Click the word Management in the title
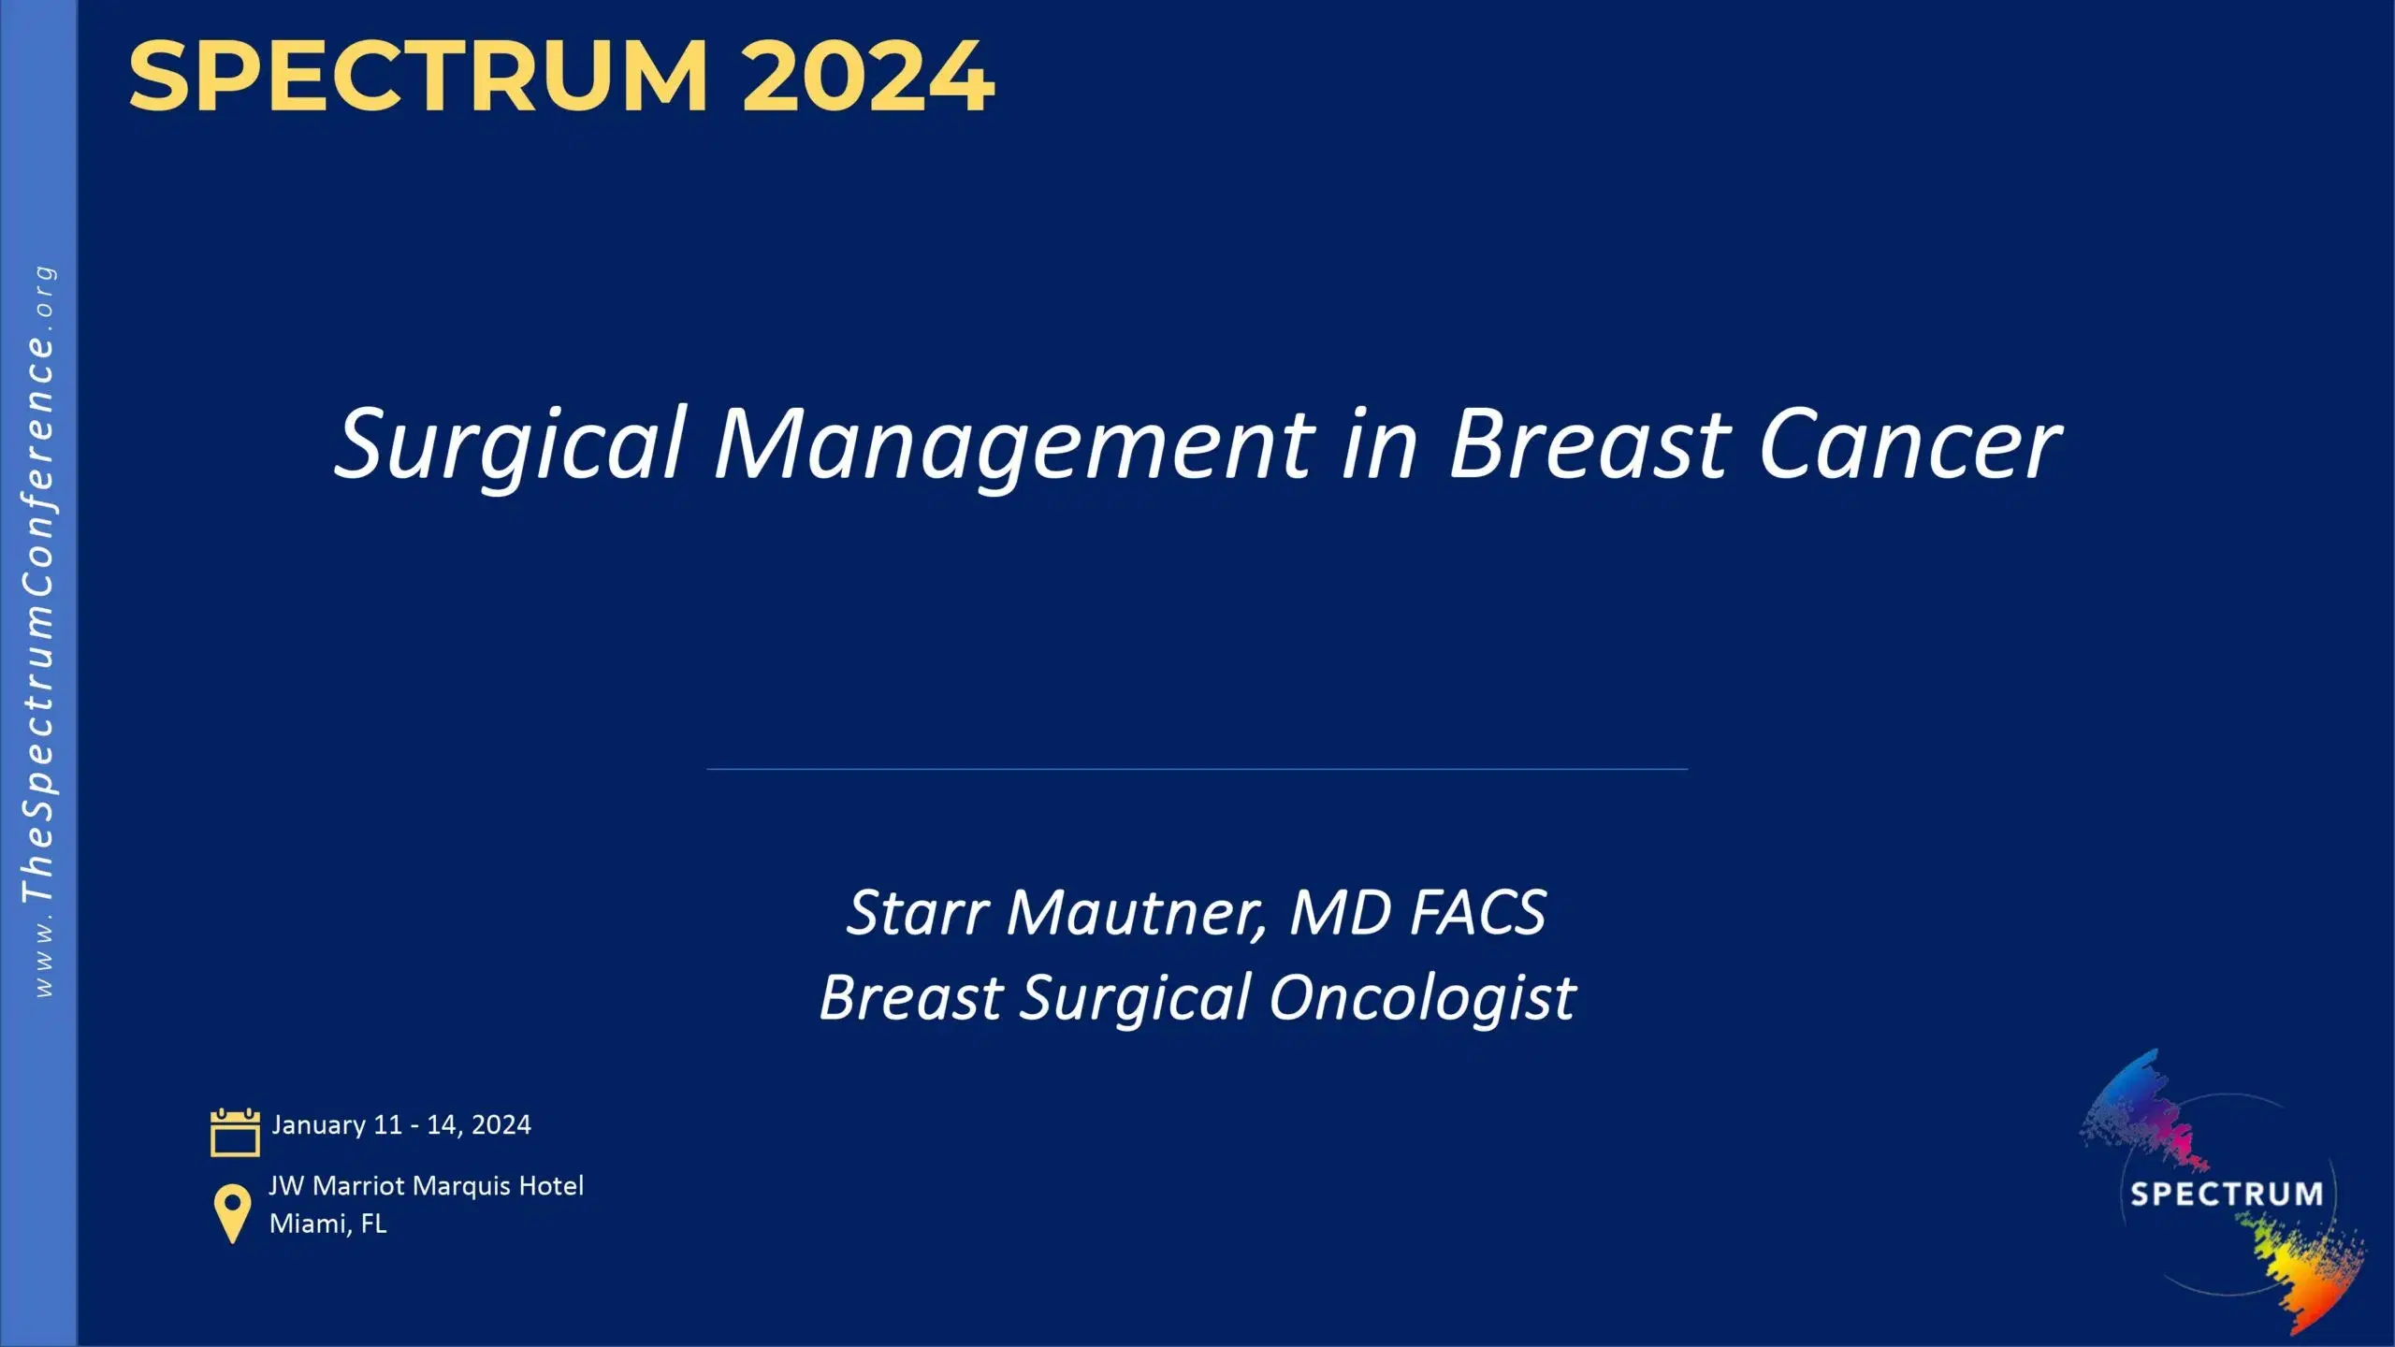pyautogui.click(x=1015, y=445)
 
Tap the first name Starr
pyautogui.click(x=918, y=913)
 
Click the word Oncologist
pyautogui.click(x=1423, y=999)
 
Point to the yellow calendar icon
pyautogui.click(x=235, y=1133)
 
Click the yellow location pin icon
pyautogui.click(x=232, y=1214)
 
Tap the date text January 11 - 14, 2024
pyautogui.click(x=401, y=1124)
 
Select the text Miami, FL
pyautogui.click(x=327, y=1224)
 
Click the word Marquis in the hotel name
pyautogui.click(x=462, y=1186)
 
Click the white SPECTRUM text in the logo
pyautogui.click(x=2227, y=1195)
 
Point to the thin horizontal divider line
pyautogui.click(x=1197, y=769)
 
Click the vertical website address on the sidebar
pyautogui.click(x=39, y=632)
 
